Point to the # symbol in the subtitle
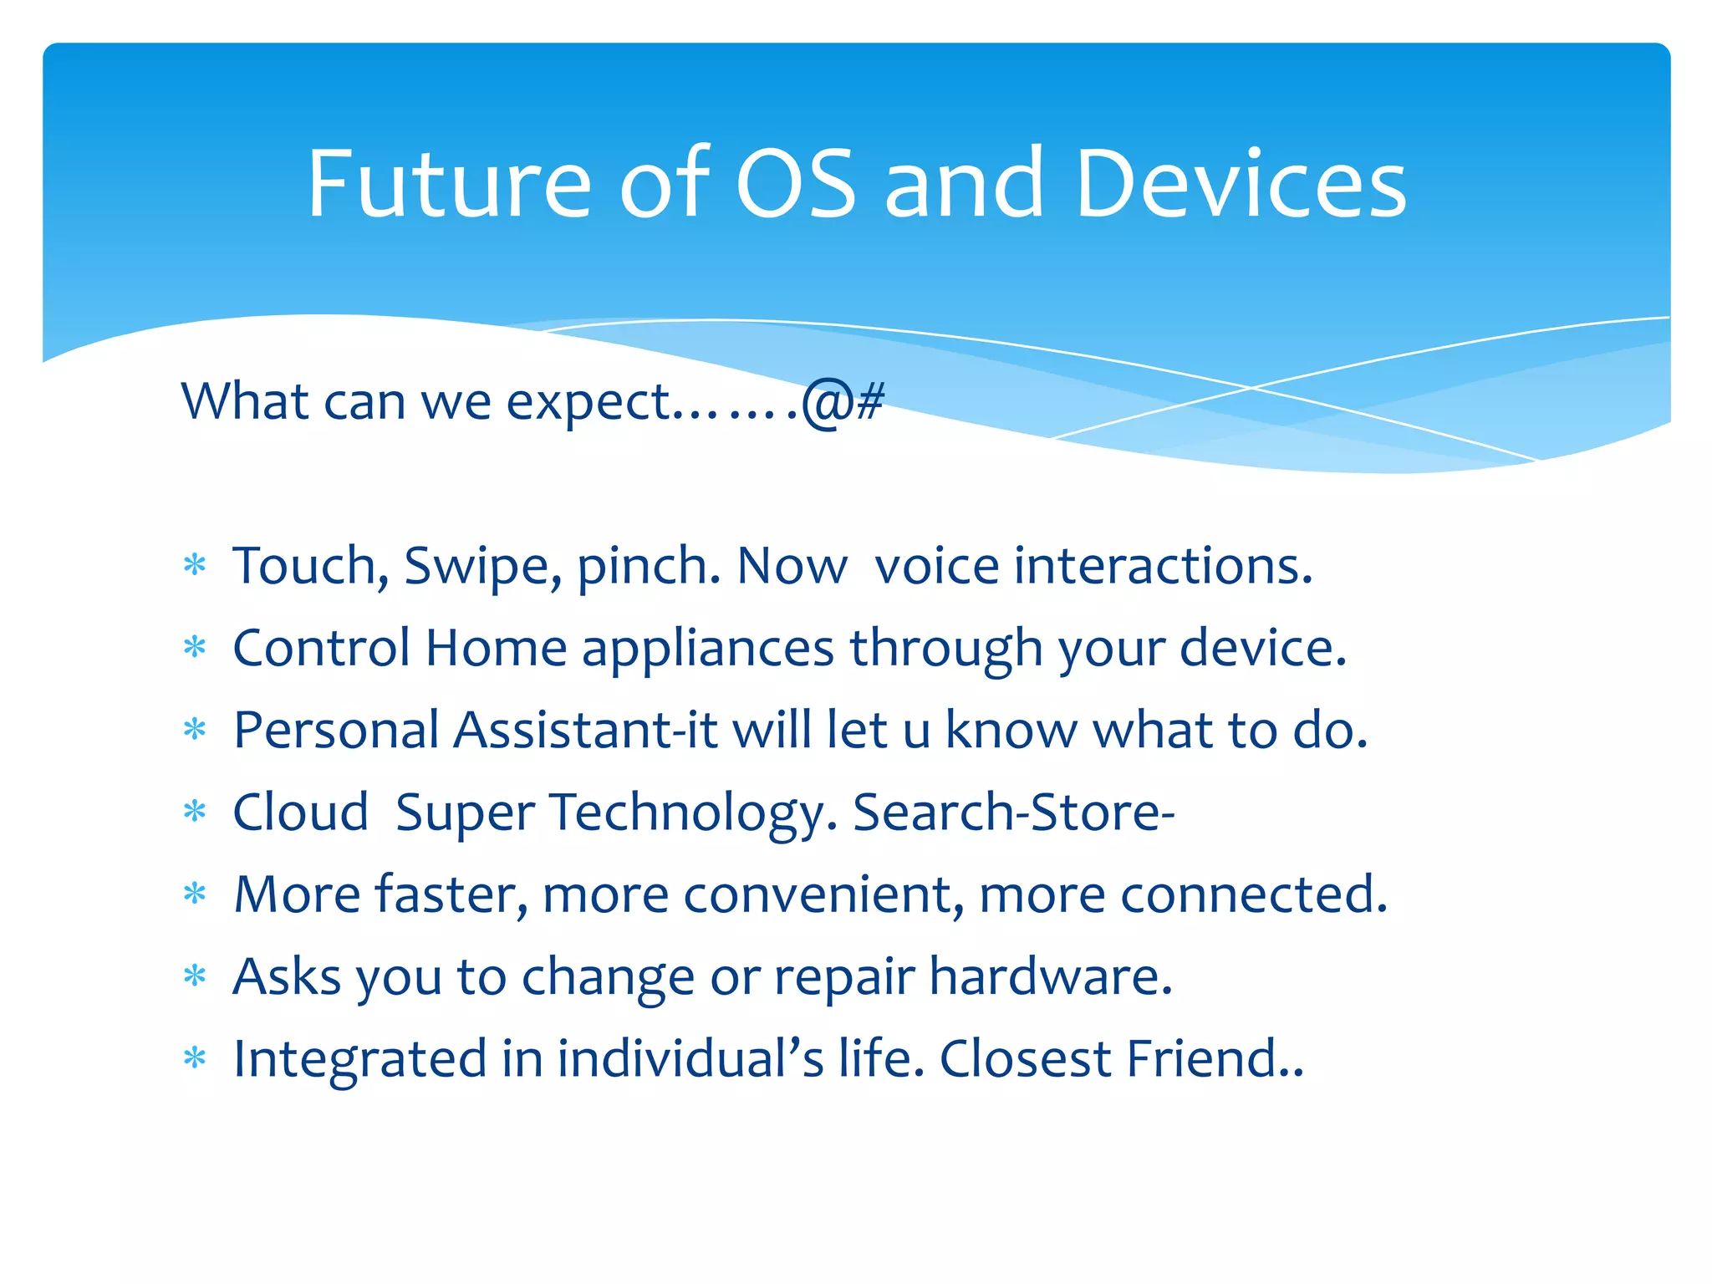click(x=870, y=401)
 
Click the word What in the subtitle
click(x=245, y=401)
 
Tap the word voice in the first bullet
click(x=935, y=567)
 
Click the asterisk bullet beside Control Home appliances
click(x=195, y=648)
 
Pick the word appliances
click(x=707, y=650)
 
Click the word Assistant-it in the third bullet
click(x=585, y=731)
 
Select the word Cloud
click(x=300, y=813)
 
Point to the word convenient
click(x=823, y=894)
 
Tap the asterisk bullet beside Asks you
click(x=195, y=976)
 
